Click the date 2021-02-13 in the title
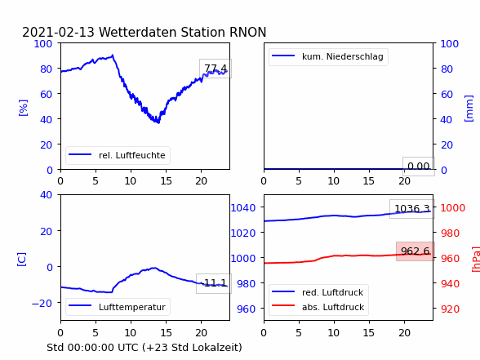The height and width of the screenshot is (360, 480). coord(59,32)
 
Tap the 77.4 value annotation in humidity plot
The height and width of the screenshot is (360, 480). coord(216,69)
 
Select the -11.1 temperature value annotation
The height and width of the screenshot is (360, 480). coord(214,283)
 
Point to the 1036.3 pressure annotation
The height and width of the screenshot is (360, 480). coord(412,209)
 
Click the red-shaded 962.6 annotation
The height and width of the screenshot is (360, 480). coord(416,251)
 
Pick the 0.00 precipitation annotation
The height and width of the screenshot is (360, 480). coord(419,167)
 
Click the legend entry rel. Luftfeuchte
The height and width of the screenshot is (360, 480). coord(118,155)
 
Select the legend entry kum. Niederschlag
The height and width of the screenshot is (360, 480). coord(328,56)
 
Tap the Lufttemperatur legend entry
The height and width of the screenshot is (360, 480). coord(118,307)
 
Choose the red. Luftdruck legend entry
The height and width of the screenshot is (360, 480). coord(318,292)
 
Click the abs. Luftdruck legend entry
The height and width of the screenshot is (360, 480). coord(318,307)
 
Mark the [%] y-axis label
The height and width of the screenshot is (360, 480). coord(23,108)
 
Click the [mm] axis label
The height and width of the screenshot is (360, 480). coord(469,109)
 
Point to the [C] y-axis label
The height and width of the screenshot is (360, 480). coord(22,260)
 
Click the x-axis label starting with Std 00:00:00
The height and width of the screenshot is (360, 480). coord(144,348)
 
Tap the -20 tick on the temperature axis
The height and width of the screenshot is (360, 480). coord(42,303)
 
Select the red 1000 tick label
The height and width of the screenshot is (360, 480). coord(453,208)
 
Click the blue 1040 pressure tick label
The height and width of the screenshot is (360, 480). coord(243,208)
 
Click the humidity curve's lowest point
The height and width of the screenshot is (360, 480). coord(158,122)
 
